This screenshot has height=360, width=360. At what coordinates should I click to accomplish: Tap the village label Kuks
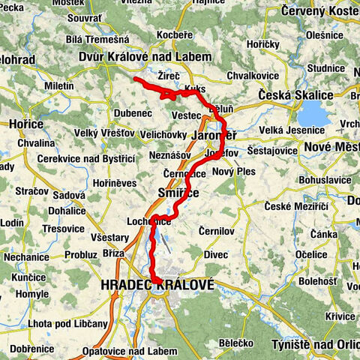pyautogui.click(x=193, y=88)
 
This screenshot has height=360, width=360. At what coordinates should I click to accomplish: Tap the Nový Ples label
pyautogui.click(x=234, y=171)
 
